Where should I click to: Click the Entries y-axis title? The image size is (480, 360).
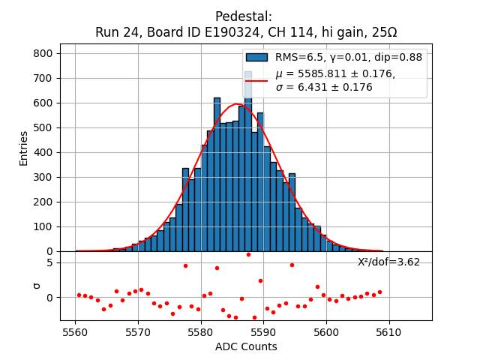pyautogui.click(x=24, y=148)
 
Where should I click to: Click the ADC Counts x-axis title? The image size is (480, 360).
pyautogui.click(x=246, y=346)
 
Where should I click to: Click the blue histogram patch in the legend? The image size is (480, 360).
pyautogui.click(x=256, y=58)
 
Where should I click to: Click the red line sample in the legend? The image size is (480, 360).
pyautogui.click(x=256, y=80)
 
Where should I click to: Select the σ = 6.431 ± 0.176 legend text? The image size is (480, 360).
pyautogui.click(x=324, y=87)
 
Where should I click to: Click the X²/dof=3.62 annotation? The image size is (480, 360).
pyautogui.click(x=388, y=262)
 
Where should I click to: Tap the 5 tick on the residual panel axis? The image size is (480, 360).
pyautogui.click(x=49, y=262)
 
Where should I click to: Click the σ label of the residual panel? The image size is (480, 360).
pyautogui.click(x=34, y=286)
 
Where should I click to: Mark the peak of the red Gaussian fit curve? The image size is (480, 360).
pyautogui.click(x=237, y=104)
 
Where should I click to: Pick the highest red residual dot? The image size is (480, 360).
pyautogui.click(x=248, y=254)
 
